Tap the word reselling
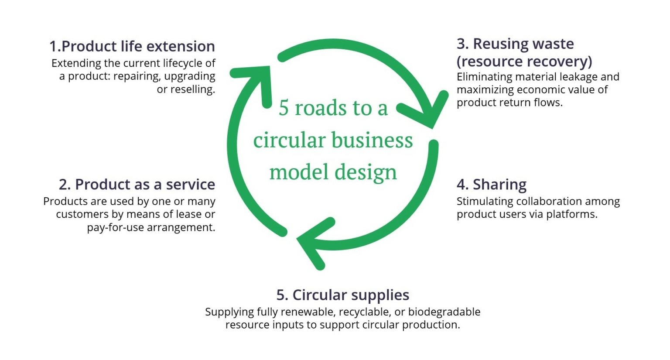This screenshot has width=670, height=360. tap(186, 89)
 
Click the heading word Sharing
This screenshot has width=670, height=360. tap(499, 184)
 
